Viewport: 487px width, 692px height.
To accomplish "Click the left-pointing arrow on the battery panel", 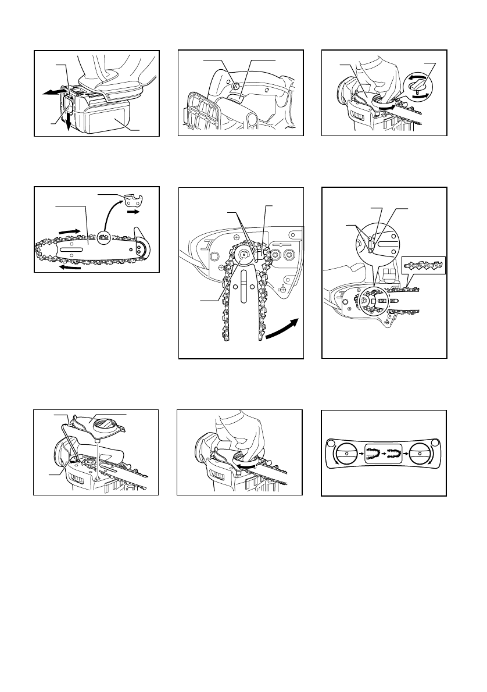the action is [x=49, y=92].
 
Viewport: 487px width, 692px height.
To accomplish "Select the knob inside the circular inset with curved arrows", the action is [x=418, y=86].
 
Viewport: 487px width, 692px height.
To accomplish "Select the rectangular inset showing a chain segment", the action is [x=425, y=265].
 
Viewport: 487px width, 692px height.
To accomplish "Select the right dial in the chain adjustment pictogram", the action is [x=422, y=451].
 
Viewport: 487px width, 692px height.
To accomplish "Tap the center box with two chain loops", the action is [x=384, y=451].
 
